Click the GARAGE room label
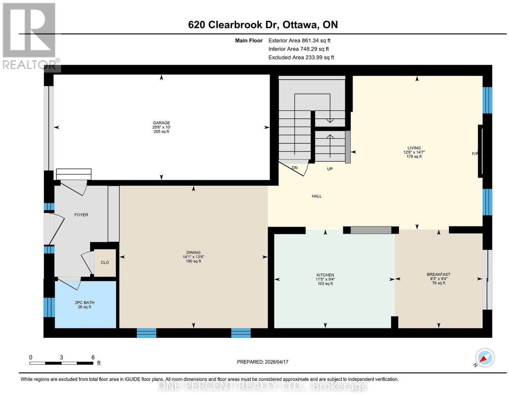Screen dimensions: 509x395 pyautogui.click(x=161, y=123)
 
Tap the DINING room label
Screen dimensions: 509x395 pyautogui.click(x=193, y=252)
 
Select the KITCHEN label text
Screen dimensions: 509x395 pyautogui.click(x=325, y=275)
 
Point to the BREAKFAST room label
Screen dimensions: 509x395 pyautogui.click(x=438, y=274)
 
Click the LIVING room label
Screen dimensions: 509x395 pyautogui.click(x=414, y=148)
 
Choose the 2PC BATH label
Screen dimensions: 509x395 pyautogui.click(x=84, y=303)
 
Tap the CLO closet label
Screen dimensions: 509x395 pyautogui.click(x=105, y=262)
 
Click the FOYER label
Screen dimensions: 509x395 pyautogui.click(x=81, y=215)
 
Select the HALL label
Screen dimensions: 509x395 pyautogui.click(x=317, y=196)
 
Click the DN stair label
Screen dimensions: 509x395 pyautogui.click(x=295, y=168)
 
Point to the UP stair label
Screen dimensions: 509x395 pyautogui.click(x=330, y=169)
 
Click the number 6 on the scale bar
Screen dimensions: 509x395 pyautogui.click(x=93, y=358)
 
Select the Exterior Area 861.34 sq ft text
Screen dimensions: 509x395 pyautogui.click(x=299, y=40)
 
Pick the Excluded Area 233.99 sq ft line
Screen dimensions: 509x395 pyautogui.click(x=301, y=57)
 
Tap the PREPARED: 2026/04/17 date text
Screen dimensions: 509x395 pyautogui.click(x=262, y=362)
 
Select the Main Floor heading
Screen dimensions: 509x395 pyautogui.click(x=249, y=40)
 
